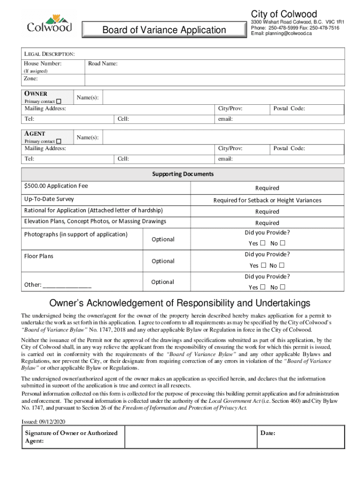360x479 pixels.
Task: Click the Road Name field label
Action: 102,63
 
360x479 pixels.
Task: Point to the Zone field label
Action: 31,79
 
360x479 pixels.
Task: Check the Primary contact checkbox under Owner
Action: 59,102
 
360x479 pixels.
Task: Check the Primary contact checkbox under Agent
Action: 59,141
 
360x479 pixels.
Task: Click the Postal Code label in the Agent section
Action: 289,148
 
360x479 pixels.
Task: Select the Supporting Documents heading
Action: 183,174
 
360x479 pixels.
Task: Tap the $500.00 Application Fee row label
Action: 56,186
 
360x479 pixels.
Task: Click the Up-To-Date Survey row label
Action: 49,199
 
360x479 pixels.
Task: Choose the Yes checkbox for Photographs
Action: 263,243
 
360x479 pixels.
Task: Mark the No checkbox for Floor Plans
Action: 282,265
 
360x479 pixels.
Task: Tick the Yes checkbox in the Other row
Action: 263,287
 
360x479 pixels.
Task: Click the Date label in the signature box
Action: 268,433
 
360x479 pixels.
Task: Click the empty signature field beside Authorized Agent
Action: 191,437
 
